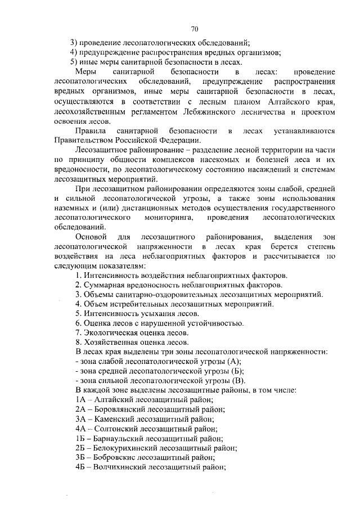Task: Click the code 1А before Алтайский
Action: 80,399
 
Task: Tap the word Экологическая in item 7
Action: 110,332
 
